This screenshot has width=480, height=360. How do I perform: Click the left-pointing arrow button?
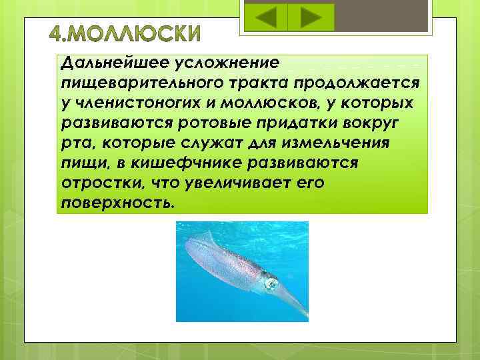(266, 17)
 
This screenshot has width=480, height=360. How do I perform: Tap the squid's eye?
(271, 283)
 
